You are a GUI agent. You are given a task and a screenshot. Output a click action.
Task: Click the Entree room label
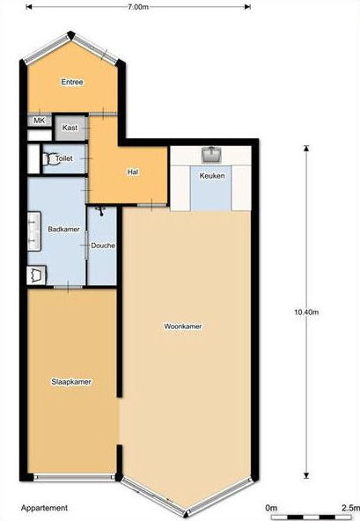72,82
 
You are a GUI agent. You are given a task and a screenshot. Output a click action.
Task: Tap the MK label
40,121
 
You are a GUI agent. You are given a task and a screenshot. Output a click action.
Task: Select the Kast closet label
70,128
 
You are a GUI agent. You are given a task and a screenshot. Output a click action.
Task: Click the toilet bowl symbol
49,158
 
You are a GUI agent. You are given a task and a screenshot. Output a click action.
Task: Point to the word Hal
133,172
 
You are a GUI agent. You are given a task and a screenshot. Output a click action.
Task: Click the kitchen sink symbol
211,155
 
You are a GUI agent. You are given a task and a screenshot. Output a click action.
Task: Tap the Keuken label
212,176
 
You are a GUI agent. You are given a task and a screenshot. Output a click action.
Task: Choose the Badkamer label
64,229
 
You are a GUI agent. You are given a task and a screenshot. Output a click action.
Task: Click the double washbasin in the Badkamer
34,231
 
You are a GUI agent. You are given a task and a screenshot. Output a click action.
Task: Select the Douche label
103,246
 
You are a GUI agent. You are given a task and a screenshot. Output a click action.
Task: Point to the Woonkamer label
183,327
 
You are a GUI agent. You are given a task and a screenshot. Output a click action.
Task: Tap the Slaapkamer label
71,382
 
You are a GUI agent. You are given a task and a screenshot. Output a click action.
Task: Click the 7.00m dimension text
137,7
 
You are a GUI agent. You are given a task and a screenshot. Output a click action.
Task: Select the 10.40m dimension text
306,312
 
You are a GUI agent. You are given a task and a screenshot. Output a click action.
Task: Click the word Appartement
44,508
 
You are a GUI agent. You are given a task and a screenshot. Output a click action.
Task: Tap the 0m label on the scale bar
271,508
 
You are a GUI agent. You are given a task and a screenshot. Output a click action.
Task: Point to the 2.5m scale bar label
350,508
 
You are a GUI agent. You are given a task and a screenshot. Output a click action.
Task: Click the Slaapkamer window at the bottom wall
74,478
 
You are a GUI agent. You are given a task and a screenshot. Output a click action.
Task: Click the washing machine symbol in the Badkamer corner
36,275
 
